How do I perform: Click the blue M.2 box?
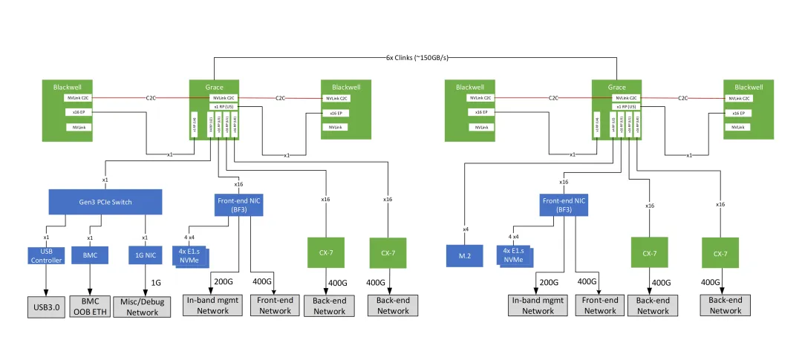pos(466,255)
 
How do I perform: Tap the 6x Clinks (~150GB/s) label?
pos(415,58)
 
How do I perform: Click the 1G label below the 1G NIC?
pos(156,283)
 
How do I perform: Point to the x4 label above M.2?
pos(466,229)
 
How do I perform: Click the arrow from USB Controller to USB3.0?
pos(46,283)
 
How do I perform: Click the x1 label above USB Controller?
pos(46,238)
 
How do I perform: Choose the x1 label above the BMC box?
pos(90,238)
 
